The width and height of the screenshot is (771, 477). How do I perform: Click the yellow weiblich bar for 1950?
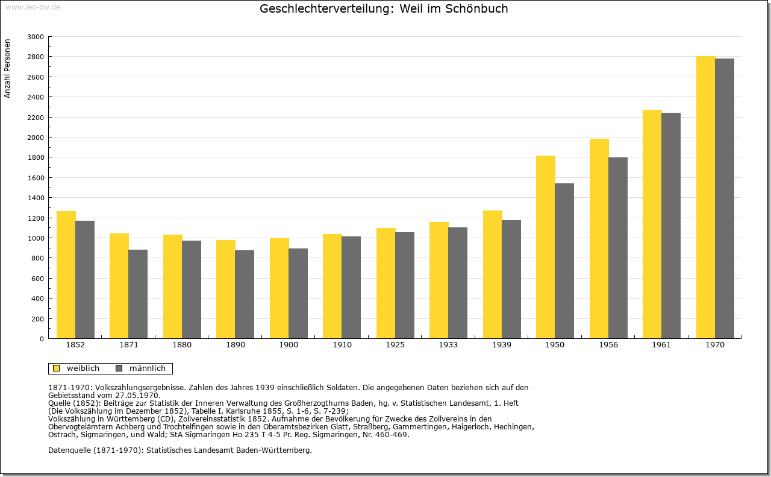[x=546, y=247]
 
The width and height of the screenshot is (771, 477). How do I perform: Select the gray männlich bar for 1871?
[x=138, y=294]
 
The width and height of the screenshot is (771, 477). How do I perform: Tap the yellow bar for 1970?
[x=705, y=197]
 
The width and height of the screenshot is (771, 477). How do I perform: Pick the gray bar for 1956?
[x=618, y=248]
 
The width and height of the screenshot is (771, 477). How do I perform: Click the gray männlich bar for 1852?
[x=85, y=280]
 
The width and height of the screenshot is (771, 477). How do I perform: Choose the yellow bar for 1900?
[x=279, y=288]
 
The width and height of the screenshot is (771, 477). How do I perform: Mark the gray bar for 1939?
[x=511, y=279]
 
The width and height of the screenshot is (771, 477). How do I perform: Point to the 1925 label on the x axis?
[x=395, y=345]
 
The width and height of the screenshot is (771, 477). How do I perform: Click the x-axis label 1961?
[x=661, y=345]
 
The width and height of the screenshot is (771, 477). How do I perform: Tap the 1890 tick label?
[x=236, y=345]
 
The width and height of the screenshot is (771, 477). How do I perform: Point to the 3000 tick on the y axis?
[x=36, y=37]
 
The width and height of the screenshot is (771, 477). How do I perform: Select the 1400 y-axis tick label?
[x=36, y=198]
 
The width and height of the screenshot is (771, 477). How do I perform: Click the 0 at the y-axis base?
[x=42, y=339]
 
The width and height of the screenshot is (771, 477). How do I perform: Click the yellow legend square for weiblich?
[x=57, y=368]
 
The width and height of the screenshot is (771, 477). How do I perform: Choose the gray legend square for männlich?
[x=119, y=368]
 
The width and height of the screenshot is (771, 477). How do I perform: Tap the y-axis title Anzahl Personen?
[x=7, y=68]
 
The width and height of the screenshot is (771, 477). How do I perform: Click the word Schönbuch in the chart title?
[x=476, y=8]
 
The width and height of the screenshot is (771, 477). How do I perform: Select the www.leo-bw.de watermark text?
[x=33, y=7]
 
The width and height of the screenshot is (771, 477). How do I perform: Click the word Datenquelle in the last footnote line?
[x=70, y=450]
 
